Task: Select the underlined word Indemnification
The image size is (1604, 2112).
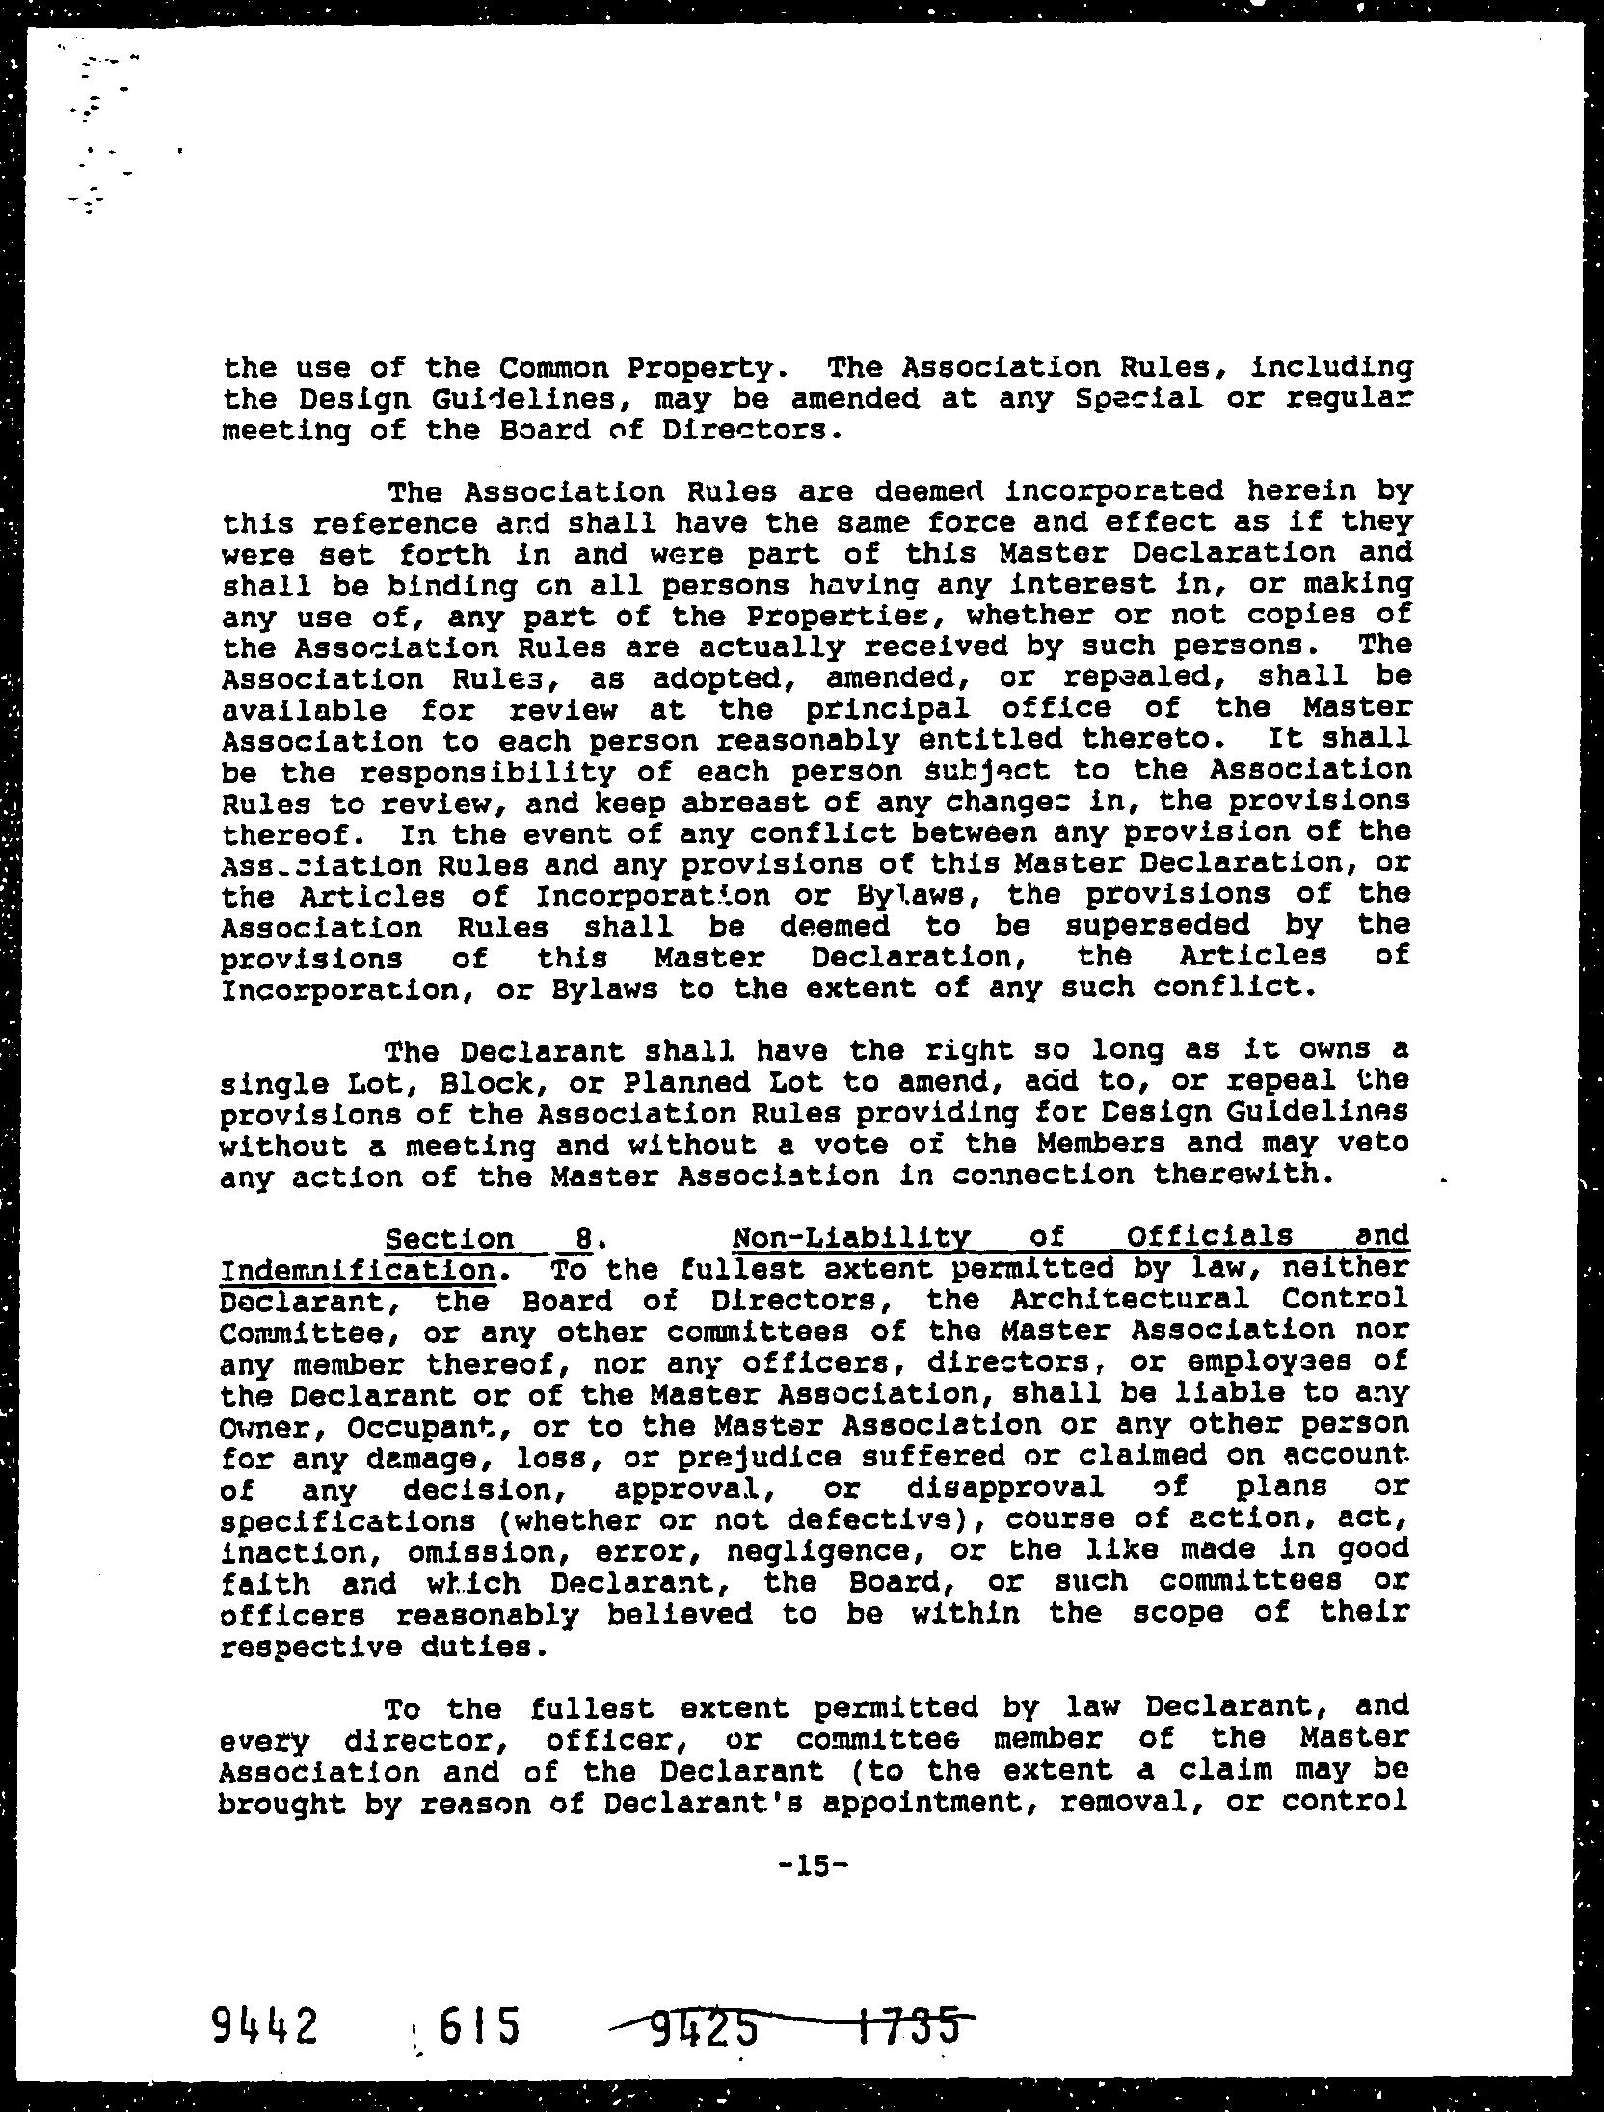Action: tap(360, 1269)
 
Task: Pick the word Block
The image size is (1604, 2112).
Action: tap(454, 1082)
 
